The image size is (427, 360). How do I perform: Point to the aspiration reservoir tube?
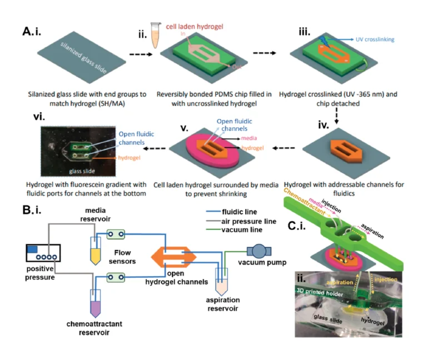pyautogui.click(x=224, y=285)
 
